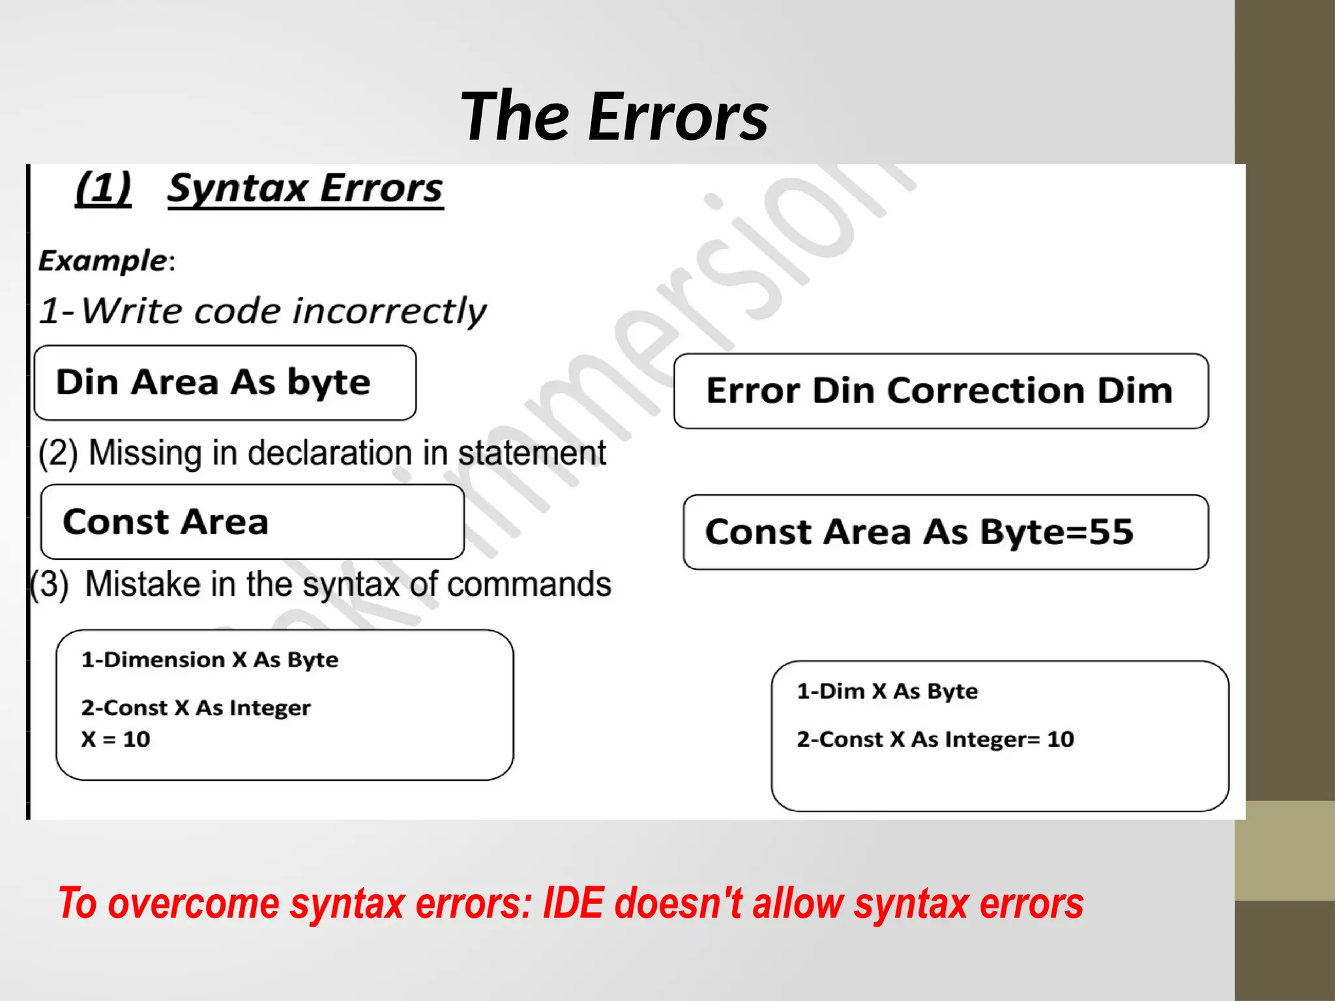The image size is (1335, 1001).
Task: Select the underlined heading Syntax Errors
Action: (305, 189)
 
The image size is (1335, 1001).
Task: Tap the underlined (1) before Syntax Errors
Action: (103, 189)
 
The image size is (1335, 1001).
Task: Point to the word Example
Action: (103, 261)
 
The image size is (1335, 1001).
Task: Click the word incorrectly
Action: (389, 311)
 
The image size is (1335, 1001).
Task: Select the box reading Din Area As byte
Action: (225, 383)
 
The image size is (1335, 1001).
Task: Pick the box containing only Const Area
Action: (252, 522)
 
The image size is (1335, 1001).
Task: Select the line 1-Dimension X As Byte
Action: (210, 660)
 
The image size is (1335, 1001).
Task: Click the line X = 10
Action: (116, 739)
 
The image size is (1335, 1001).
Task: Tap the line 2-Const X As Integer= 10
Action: (935, 739)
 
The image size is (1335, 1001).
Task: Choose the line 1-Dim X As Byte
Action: (887, 691)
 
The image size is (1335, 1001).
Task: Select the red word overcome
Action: (194, 904)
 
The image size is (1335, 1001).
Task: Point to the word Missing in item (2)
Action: (145, 453)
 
